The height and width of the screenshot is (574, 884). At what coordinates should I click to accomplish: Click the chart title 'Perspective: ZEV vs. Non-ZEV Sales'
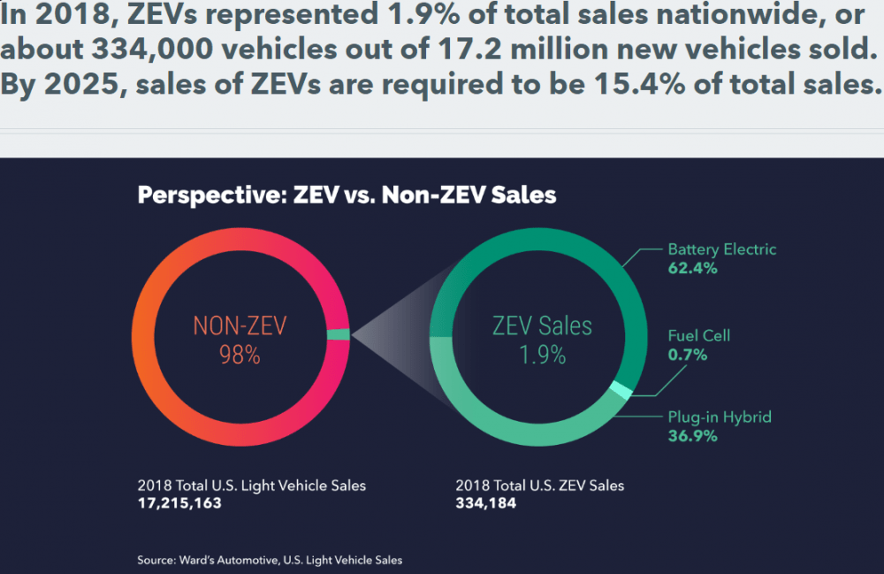click(x=347, y=195)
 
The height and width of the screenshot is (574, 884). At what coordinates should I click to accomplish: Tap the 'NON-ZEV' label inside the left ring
click(x=240, y=326)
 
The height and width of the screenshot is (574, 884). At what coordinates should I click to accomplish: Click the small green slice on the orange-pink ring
click(x=339, y=334)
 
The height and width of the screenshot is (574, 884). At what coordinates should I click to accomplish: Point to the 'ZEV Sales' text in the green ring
click(x=542, y=325)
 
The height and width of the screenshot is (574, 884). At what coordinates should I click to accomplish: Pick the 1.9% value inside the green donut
click(x=542, y=356)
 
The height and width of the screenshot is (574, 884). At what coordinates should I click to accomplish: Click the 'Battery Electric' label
click(x=721, y=249)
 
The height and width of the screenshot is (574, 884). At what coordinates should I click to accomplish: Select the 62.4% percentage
click(x=692, y=268)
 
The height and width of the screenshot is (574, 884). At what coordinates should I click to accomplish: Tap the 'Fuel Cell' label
click(x=698, y=336)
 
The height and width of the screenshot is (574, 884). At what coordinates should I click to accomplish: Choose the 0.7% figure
click(x=688, y=355)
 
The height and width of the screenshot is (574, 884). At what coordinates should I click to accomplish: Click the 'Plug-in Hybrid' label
click(x=719, y=417)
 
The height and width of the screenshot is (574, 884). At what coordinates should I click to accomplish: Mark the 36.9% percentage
click(x=692, y=436)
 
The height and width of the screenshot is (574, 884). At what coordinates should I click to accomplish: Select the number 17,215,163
click(x=179, y=503)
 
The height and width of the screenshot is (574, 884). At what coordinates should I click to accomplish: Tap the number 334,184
click(x=485, y=503)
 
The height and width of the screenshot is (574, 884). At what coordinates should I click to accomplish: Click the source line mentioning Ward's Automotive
click(x=270, y=560)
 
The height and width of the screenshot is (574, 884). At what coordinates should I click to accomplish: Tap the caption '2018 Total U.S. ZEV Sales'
click(x=539, y=486)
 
